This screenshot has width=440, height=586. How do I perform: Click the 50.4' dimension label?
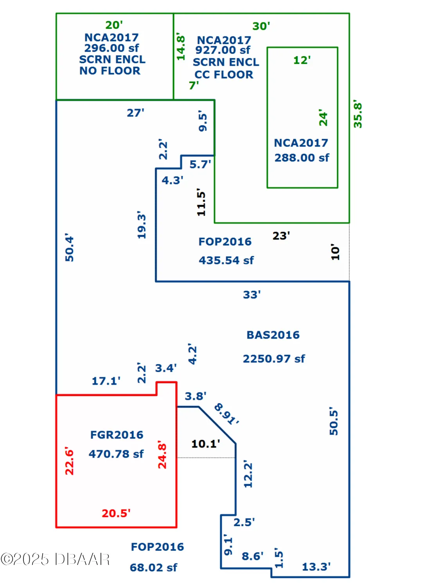[70, 248]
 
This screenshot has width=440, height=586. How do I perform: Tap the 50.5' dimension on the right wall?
[334, 421]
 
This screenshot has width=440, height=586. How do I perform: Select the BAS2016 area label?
[273, 335]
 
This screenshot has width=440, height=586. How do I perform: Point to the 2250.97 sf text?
[274, 359]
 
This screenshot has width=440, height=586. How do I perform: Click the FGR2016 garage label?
[117, 435]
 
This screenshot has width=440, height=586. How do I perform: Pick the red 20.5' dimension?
[116, 513]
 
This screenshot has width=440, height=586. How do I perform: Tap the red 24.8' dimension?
[162, 454]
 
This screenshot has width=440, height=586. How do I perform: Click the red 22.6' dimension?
[70, 461]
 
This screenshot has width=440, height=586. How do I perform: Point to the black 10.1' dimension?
[206, 444]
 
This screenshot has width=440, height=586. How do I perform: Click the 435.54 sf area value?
[226, 260]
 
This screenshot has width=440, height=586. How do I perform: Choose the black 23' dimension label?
[281, 236]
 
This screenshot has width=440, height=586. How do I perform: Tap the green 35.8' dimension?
[358, 114]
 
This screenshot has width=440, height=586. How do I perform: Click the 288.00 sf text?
[302, 157]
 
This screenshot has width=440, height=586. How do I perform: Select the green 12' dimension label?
[302, 60]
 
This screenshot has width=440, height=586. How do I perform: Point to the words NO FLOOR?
[110, 71]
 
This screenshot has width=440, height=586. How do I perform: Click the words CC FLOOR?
[224, 75]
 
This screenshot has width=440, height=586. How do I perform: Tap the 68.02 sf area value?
[153, 567]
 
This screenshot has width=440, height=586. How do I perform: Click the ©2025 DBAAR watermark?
[55, 559]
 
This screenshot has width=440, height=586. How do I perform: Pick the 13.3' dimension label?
[316, 566]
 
